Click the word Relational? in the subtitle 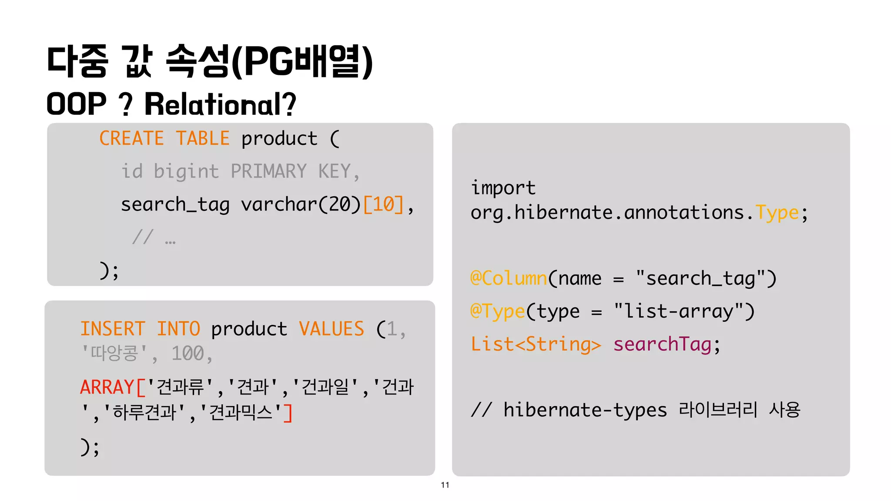click(220, 104)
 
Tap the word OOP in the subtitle click(76, 104)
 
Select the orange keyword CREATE click(131, 139)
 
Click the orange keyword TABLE click(203, 139)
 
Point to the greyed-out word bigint click(186, 171)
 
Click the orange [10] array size click(383, 204)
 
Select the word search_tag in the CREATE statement click(175, 204)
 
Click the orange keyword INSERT click(113, 329)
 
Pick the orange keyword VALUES click(332, 329)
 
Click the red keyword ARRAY click(107, 387)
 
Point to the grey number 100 click(188, 354)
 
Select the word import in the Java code click(503, 188)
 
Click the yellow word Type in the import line click(777, 213)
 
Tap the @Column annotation click(509, 278)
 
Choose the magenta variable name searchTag click(662, 344)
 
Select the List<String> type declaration click(536, 344)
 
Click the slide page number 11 click(445, 485)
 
